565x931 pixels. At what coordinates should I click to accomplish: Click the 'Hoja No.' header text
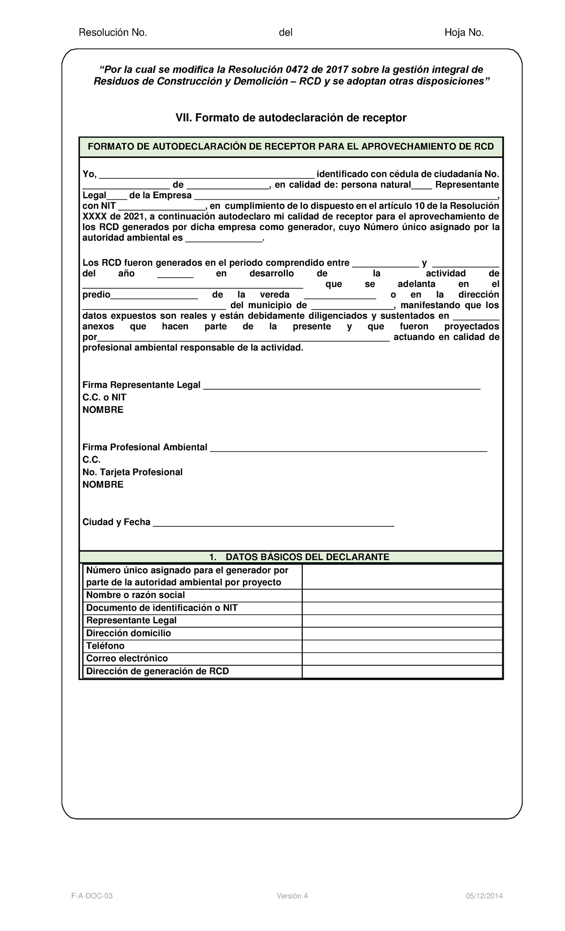464,33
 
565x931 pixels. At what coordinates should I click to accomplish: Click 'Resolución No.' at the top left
113,33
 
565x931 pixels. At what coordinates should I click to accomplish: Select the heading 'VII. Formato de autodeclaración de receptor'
291,118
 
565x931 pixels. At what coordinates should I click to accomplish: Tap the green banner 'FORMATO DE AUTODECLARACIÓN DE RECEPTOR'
291,147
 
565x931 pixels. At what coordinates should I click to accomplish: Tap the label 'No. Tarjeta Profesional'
132,472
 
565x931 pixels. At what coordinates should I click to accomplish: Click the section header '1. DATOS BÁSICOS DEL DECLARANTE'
291,557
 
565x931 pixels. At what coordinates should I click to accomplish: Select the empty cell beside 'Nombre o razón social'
402,596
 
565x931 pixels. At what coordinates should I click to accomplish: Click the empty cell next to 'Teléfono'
402,646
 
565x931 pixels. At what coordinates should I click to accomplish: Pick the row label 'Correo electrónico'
127,658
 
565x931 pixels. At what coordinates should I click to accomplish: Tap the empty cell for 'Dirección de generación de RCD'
402,671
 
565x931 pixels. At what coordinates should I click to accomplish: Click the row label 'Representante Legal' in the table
131,621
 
